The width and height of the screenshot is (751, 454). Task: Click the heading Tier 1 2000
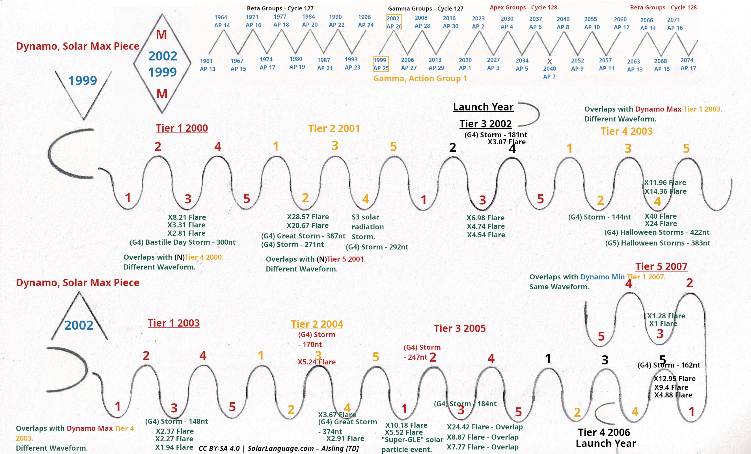(182, 128)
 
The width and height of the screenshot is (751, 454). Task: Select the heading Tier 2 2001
(334, 129)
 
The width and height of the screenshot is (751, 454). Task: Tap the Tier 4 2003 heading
(627, 131)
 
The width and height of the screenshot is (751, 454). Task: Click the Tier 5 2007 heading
(661, 267)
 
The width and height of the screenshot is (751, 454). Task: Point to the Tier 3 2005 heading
(460, 329)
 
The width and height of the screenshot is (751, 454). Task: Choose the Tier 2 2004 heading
(317, 324)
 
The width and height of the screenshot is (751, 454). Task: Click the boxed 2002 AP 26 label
(394, 22)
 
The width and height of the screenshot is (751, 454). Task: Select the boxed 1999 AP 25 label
(381, 64)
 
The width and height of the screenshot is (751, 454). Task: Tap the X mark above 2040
(549, 62)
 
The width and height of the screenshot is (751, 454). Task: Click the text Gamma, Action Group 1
(420, 79)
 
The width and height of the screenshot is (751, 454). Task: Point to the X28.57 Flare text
(308, 217)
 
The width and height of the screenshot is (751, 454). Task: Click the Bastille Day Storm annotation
(183, 242)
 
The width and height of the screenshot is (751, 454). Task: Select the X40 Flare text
(661, 216)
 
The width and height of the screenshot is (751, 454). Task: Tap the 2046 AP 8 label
(563, 23)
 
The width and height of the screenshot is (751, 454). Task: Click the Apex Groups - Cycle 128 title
(523, 7)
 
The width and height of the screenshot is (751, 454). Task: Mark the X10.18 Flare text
(406, 425)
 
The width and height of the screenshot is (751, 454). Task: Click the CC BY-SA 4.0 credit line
(279, 448)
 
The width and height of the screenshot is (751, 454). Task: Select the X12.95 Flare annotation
(675, 379)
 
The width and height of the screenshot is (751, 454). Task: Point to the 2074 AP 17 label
(688, 64)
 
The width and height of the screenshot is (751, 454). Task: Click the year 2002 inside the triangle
(79, 325)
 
